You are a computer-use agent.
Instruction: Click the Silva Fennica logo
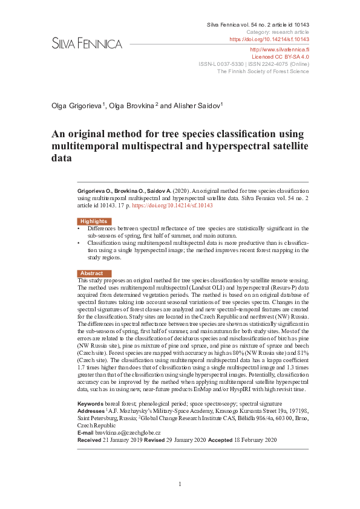[87, 44]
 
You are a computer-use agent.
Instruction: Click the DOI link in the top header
[269, 39]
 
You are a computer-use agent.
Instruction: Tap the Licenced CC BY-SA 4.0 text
[280, 56]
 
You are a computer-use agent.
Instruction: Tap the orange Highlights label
[94, 221]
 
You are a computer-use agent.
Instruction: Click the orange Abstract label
[92, 273]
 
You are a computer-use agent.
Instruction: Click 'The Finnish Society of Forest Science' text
[263, 71]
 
